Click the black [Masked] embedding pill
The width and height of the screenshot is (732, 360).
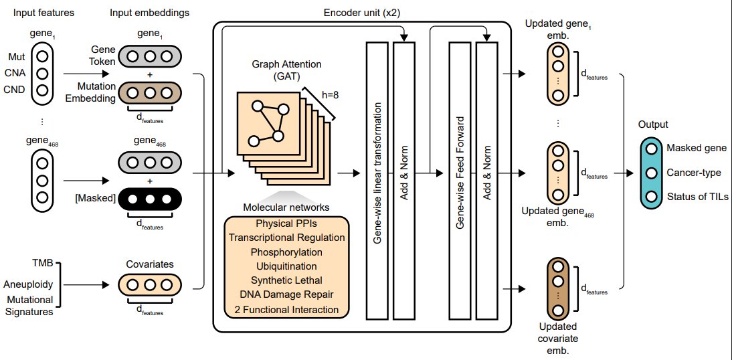pos(150,199)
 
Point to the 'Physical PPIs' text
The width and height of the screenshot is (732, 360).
pos(286,223)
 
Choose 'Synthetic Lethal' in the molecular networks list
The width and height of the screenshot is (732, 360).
pos(286,280)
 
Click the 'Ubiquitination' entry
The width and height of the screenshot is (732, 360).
pos(286,266)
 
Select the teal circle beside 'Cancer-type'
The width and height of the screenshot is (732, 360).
pos(652,173)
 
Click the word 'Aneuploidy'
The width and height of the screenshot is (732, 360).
pos(28,284)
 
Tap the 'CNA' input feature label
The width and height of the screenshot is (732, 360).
pos(17,74)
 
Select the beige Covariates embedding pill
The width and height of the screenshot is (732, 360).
pos(150,285)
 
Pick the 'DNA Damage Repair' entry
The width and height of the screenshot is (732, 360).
pos(286,294)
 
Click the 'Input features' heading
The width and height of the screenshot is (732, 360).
pos(43,13)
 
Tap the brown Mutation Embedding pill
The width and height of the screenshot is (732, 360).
pos(150,93)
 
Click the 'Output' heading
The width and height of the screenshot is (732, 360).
pos(654,124)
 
